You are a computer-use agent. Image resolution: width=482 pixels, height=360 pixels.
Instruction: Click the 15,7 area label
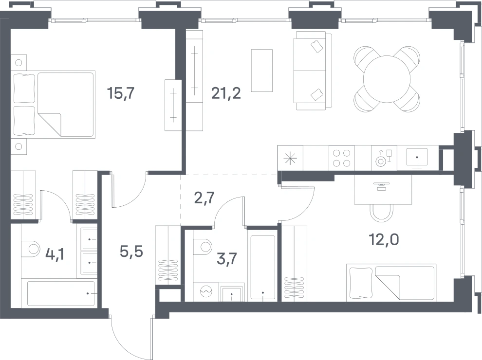point(121,93)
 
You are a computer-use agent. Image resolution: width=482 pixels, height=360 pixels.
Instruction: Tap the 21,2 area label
point(226,93)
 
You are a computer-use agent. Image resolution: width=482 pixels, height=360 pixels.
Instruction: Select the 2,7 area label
point(204,198)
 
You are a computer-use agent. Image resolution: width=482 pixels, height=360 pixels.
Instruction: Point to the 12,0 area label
point(384,239)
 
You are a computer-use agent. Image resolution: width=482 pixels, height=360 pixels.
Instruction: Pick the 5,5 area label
point(131,252)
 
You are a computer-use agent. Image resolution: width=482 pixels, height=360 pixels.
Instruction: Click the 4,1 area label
point(55,254)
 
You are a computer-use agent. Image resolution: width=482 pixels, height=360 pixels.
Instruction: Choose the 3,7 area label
point(227,259)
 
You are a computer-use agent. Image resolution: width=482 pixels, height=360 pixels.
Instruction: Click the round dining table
point(387,79)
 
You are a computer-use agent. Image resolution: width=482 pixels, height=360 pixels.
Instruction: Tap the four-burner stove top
point(341,158)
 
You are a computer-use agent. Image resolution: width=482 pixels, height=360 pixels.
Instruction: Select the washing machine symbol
point(206,291)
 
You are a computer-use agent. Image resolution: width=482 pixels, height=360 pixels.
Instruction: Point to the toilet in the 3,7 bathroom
point(203,246)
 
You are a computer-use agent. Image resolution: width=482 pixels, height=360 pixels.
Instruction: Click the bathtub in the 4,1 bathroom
point(60,294)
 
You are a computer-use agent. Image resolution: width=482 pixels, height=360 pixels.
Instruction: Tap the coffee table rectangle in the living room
point(262,71)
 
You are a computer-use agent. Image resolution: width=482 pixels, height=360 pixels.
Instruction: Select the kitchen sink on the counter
point(417,158)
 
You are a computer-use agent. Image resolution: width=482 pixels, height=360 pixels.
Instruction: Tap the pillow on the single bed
point(361,283)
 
